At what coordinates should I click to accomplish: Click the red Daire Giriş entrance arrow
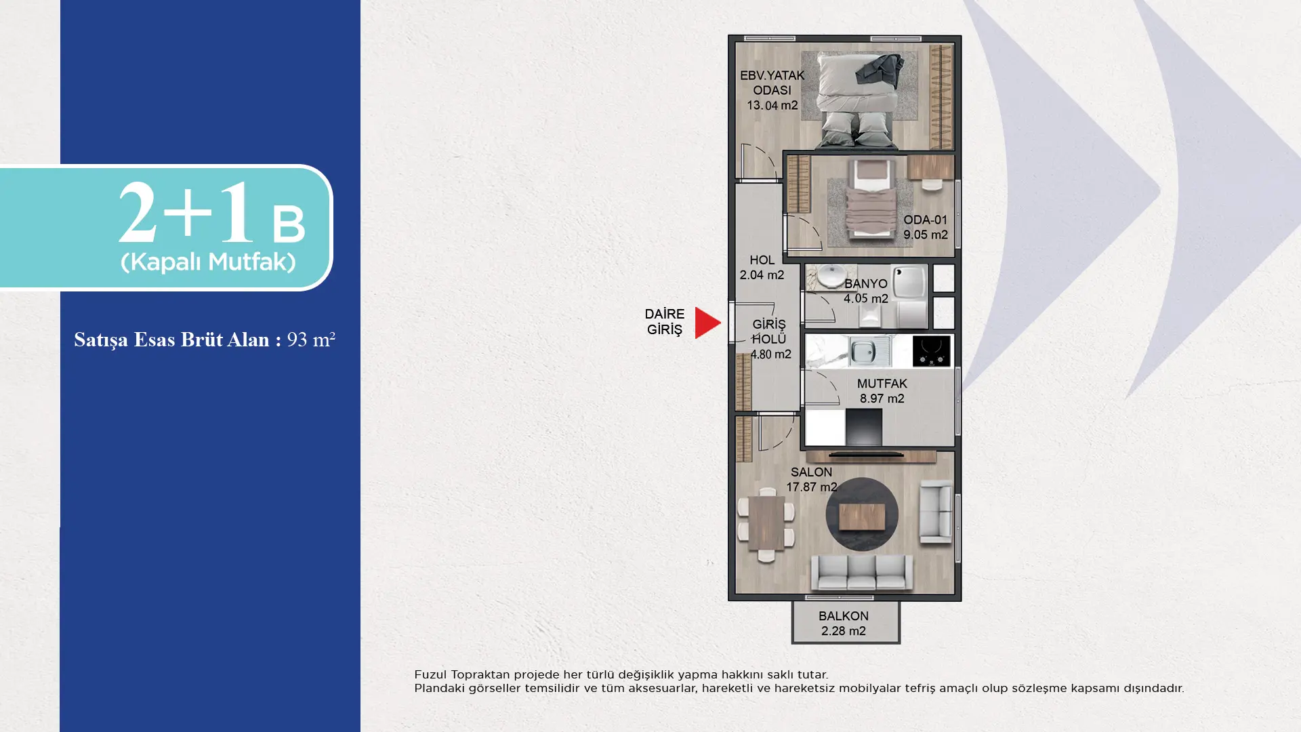click(706, 323)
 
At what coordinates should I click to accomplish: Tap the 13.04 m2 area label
click(772, 105)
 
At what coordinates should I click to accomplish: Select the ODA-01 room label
click(925, 220)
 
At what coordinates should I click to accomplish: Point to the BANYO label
click(865, 283)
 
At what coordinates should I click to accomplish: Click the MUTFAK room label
click(882, 384)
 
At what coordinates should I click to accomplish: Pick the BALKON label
click(843, 616)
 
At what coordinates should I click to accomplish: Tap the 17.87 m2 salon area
click(811, 487)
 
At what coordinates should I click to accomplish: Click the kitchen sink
click(867, 351)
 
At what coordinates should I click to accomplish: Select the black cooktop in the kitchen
click(931, 351)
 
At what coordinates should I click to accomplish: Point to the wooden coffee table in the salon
click(861, 518)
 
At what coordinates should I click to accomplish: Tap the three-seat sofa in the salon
click(861, 573)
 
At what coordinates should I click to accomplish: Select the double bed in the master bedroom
click(859, 99)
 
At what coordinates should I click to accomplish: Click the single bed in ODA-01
click(871, 199)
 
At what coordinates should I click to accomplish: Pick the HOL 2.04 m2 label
click(762, 268)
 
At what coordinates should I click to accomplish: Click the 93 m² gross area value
click(311, 339)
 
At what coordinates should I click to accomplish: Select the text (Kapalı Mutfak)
click(208, 262)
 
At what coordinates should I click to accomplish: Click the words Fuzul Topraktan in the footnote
click(461, 675)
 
